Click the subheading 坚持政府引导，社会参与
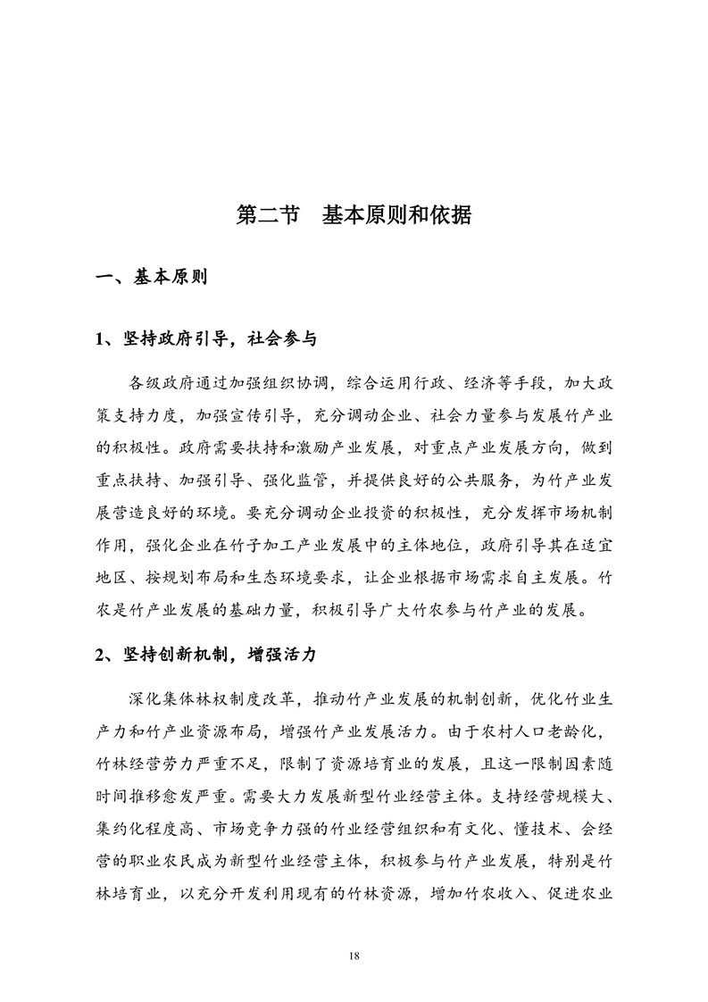coord(216,338)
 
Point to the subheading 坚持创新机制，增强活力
coord(216,654)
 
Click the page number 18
coord(354,956)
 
